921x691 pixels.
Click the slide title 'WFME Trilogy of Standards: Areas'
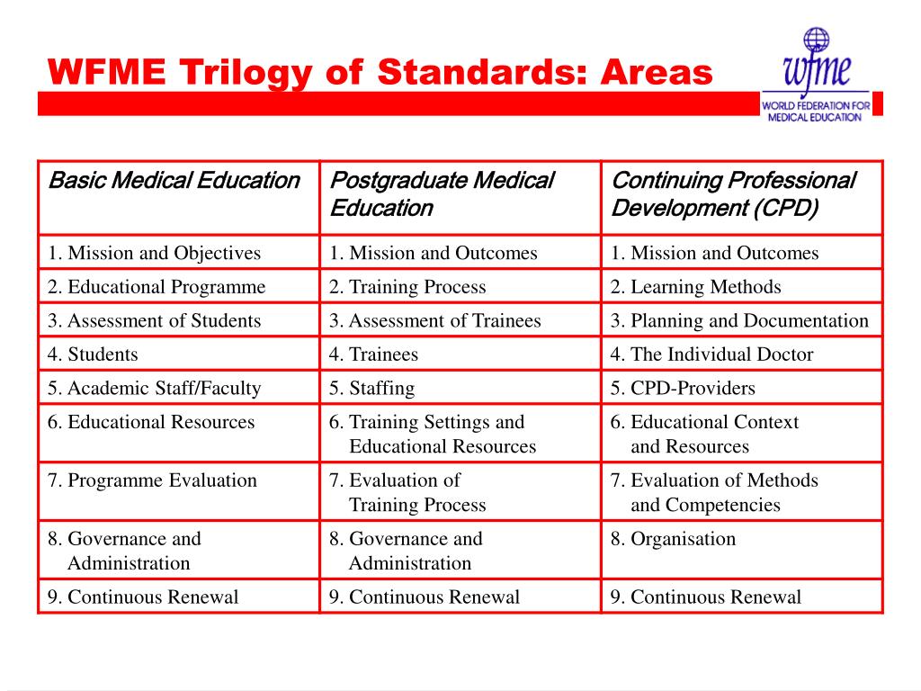(x=380, y=71)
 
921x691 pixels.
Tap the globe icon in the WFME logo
(x=816, y=40)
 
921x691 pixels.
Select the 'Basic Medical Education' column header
(x=174, y=181)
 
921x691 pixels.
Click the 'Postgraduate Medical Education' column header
(x=441, y=194)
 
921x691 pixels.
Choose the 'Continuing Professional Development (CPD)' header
(x=733, y=194)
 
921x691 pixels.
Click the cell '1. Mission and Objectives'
(x=155, y=253)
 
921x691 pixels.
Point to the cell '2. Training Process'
(x=407, y=287)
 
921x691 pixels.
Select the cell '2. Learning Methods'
(x=695, y=287)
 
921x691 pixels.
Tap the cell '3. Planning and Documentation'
(x=739, y=320)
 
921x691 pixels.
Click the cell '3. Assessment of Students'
(x=155, y=320)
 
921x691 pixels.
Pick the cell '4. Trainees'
(x=373, y=354)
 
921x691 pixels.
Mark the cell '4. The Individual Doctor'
(x=711, y=354)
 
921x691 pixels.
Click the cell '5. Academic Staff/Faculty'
(x=155, y=388)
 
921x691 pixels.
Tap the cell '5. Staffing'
(x=371, y=388)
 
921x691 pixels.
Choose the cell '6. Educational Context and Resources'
(x=704, y=434)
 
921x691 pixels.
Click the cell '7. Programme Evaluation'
(x=153, y=480)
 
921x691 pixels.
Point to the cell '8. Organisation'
(x=673, y=539)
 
